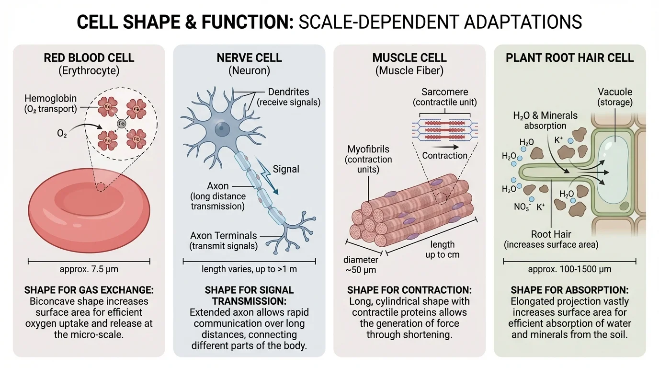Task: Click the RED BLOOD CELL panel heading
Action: (89, 58)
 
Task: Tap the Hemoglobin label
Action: (50, 99)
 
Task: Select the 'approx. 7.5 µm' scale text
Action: (89, 269)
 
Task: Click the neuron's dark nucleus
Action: (221, 128)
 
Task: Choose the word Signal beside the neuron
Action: (286, 169)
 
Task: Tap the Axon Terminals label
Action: (224, 236)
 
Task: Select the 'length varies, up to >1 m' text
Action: (249, 269)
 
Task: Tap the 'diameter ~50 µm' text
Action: (361, 264)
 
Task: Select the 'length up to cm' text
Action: (442, 249)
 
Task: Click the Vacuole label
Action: (615, 92)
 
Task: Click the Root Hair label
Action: (551, 235)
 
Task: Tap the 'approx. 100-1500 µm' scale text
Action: (569, 269)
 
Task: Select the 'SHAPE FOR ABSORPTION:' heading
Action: (569, 290)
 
